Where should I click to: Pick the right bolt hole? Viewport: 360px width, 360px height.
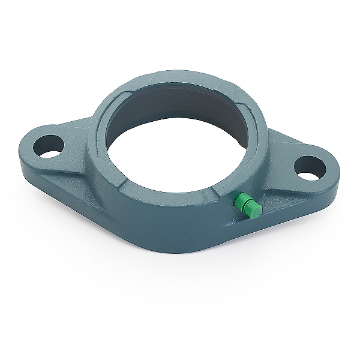click(310, 167)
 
